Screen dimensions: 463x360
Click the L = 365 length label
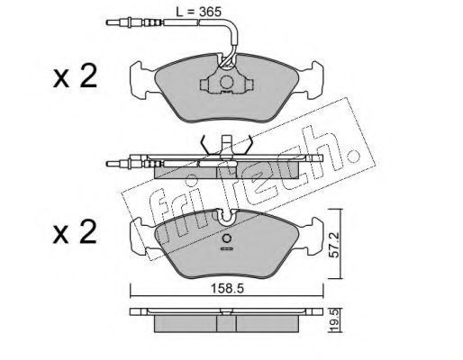pos(198,12)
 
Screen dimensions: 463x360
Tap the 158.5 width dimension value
pos(227,289)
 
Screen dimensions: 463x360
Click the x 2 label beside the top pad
pos(75,76)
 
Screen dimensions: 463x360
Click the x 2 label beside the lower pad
pos(75,232)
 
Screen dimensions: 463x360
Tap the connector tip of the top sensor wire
pos(112,22)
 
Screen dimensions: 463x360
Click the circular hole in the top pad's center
pos(226,82)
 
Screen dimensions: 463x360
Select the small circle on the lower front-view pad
pos(226,238)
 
